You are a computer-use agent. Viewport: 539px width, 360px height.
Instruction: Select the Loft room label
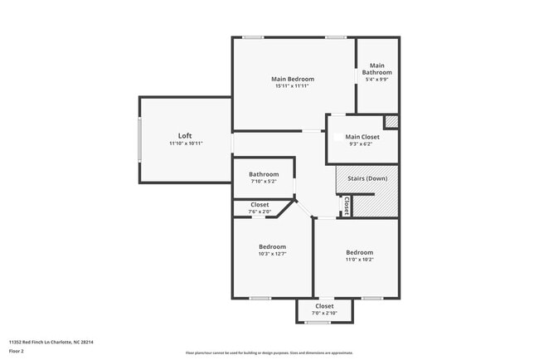click(185, 135)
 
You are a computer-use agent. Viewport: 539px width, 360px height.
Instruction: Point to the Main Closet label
click(362, 137)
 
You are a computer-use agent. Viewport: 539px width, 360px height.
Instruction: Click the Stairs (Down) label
click(366, 179)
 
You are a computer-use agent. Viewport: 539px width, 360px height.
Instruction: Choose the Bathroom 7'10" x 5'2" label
click(264, 174)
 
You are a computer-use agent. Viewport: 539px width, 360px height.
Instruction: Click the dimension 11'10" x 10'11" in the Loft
click(185, 144)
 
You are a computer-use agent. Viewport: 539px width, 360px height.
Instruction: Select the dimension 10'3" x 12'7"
click(272, 255)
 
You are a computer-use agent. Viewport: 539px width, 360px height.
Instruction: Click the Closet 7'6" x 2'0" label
click(260, 204)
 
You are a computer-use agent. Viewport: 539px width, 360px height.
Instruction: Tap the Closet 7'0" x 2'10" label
click(324, 305)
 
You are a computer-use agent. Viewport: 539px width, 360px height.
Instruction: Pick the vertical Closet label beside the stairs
click(346, 204)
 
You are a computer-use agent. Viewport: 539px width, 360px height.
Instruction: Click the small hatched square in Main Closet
click(391, 121)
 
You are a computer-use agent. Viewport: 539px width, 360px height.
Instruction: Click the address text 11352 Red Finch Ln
click(51, 342)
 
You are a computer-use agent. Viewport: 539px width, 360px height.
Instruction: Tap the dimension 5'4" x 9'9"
click(377, 80)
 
